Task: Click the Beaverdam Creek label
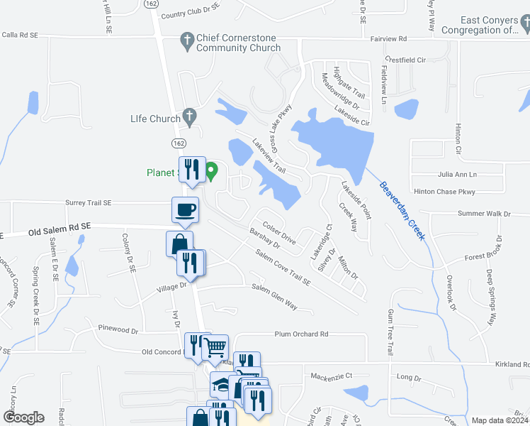tap(402, 212)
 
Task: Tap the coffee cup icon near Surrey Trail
tap(186, 209)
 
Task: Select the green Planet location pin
tap(211, 170)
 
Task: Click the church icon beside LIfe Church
tap(188, 114)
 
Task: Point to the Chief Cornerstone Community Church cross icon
tap(187, 38)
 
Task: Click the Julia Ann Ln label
tap(458, 174)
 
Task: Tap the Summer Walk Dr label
tap(484, 213)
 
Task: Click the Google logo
tap(23, 417)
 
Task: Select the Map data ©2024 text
tap(499, 420)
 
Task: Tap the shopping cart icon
tap(215, 346)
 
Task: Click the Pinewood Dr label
tap(118, 330)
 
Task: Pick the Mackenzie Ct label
tap(332, 375)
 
